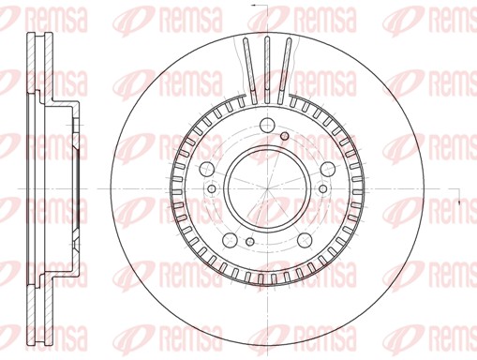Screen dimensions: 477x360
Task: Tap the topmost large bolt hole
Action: click(267, 126)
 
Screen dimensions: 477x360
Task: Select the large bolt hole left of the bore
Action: click(206, 169)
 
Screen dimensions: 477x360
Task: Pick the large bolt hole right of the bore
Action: click(327, 169)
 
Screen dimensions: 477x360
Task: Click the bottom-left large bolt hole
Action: click(230, 240)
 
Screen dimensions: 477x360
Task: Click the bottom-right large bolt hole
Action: click(305, 240)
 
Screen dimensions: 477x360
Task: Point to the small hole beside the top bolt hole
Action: click(284, 136)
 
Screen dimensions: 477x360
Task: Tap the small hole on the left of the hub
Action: click(212, 188)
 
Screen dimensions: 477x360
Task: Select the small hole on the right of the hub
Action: click(323, 188)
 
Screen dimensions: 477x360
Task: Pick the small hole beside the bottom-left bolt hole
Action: click(250, 241)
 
